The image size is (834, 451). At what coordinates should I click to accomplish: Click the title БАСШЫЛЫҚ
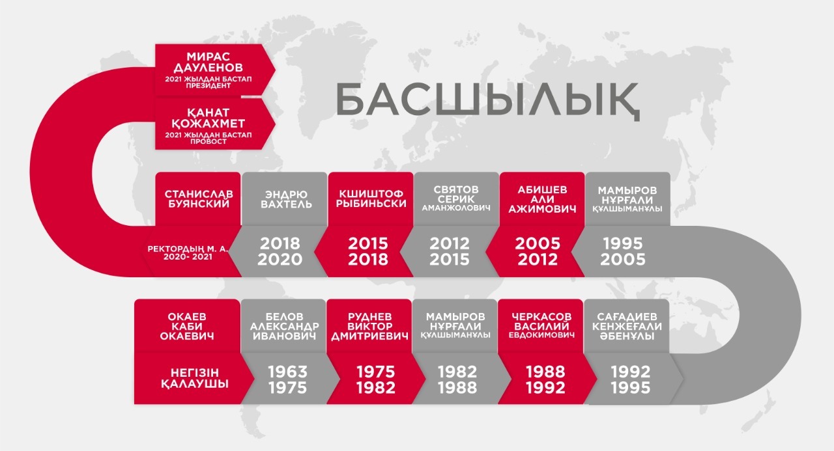coord(487,100)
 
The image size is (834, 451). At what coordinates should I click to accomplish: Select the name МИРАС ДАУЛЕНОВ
coord(208,62)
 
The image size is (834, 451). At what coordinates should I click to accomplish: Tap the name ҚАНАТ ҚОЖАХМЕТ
coord(208,118)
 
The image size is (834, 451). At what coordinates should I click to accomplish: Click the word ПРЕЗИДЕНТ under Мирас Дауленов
coord(208,85)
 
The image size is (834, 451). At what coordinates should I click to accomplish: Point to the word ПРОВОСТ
coord(208,142)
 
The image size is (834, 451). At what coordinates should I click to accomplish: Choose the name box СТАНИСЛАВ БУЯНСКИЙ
coord(199,199)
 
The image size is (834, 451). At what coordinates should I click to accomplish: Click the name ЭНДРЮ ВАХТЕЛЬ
coord(286,199)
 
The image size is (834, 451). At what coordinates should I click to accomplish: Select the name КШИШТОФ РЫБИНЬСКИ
coord(371,199)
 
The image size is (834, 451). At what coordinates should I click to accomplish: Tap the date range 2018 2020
coord(280,252)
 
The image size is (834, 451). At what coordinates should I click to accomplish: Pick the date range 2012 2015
coord(450,252)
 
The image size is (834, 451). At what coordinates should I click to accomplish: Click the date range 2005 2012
coord(538,252)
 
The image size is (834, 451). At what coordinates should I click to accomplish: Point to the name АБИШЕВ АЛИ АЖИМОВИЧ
coord(542,200)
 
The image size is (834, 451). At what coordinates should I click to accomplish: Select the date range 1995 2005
coord(622,252)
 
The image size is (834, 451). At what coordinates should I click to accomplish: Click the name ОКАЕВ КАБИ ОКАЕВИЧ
coord(187,327)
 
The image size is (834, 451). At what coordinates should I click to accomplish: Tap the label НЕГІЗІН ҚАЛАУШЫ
coord(195,378)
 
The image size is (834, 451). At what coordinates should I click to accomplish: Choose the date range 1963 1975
coord(287,379)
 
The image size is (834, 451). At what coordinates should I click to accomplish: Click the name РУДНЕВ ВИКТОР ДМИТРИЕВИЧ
coord(369,327)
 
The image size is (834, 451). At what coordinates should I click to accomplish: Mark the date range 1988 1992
coord(545,379)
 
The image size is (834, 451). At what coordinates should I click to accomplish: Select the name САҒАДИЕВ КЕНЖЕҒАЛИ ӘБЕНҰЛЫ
coord(627,327)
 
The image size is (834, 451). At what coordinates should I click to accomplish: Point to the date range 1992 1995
coord(630,379)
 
